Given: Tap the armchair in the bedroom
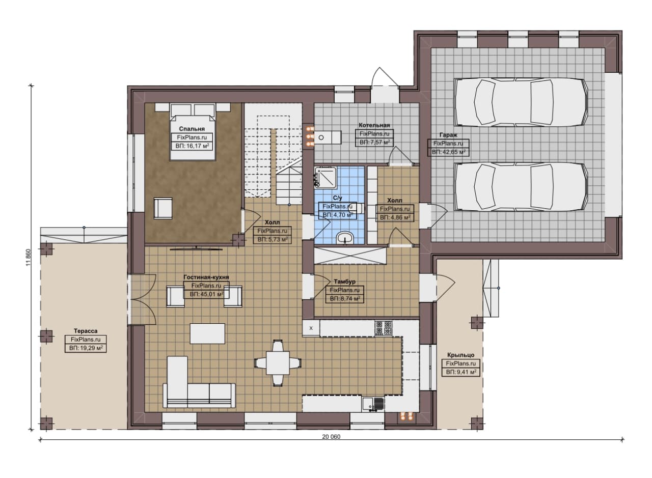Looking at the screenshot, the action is pyautogui.click(x=163, y=208).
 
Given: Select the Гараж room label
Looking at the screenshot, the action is pyautogui.click(x=448, y=135).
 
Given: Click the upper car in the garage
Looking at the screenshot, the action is pyautogui.click(x=521, y=102).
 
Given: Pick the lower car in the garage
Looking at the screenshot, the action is pyautogui.click(x=521, y=187).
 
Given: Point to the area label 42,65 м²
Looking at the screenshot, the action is pyautogui.click(x=448, y=152).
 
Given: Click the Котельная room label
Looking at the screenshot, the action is pyautogui.click(x=374, y=125).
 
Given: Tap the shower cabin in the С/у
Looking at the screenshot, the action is pyautogui.click(x=325, y=176).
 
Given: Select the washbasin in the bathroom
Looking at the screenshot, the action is pyautogui.click(x=345, y=238).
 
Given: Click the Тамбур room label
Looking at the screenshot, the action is pyautogui.click(x=345, y=282).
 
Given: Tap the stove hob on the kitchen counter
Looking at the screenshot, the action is pyautogui.click(x=384, y=328).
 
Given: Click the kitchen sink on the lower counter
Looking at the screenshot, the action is pyautogui.click(x=373, y=404).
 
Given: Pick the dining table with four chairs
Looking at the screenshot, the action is pyautogui.click(x=278, y=363).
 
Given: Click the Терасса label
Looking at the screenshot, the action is pyautogui.click(x=86, y=331).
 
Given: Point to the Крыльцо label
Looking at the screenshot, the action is pyautogui.click(x=461, y=355).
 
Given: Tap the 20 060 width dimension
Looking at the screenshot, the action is pyautogui.click(x=331, y=437).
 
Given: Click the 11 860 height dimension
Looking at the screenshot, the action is pyautogui.click(x=28, y=257).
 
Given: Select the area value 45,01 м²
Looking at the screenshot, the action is pyautogui.click(x=206, y=294).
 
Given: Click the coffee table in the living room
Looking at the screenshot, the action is pyautogui.click(x=207, y=334).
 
